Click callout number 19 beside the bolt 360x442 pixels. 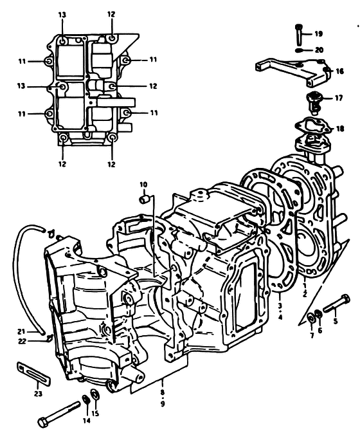point(318,34)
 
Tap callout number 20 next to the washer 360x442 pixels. point(319,50)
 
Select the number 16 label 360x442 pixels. point(340,71)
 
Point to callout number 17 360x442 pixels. point(339,98)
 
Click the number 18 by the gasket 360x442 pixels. point(340,129)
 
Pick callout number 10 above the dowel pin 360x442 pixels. point(143,185)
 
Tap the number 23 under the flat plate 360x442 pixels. point(38,394)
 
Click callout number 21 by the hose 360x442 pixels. point(21,332)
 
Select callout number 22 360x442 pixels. point(22,342)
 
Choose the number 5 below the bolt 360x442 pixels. point(336,321)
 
